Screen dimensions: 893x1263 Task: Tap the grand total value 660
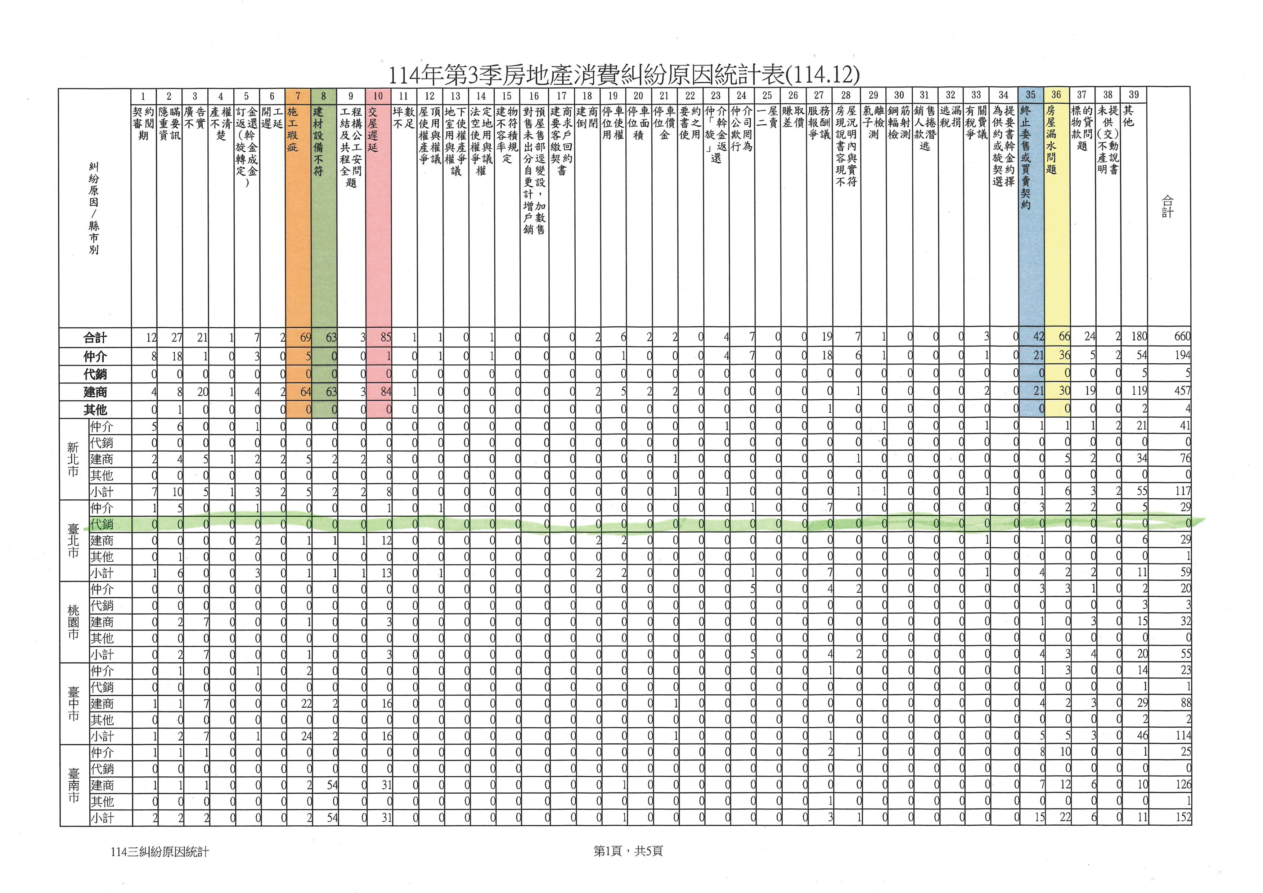[1182, 336]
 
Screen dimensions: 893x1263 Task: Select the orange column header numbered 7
[298, 96]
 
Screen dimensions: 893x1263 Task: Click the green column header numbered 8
[323, 96]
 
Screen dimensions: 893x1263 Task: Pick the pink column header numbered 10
[378, 96]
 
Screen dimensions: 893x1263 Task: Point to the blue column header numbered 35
[1030, 95]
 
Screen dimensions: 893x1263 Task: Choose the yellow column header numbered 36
[1056, 95]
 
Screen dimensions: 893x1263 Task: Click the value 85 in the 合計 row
[385, 337]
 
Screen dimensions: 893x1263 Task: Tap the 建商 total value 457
[1182, 391]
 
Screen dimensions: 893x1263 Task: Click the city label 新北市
[73, 458]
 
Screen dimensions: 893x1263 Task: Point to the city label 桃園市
[73, 622]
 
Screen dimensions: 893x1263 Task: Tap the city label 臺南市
[73, 785]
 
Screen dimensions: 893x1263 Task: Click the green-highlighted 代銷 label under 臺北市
[102, 524]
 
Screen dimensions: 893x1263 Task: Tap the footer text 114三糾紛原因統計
[159, 852]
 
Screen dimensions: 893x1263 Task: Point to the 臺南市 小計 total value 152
[1183, 817]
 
